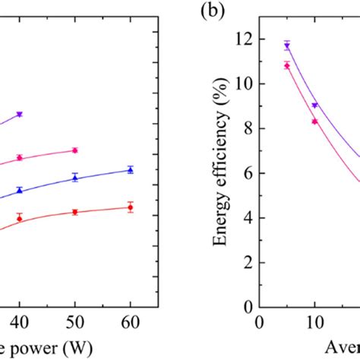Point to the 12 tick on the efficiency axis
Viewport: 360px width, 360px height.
tap(245, 39)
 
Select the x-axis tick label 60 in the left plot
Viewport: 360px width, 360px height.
tap(130, 323)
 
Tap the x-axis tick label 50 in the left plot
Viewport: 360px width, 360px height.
tap(74, 323)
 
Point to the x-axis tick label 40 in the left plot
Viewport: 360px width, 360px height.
tap(20, 323)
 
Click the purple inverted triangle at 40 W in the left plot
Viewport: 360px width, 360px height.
tap(20, 114)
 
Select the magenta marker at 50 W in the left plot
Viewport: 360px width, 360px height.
tap(74, 150)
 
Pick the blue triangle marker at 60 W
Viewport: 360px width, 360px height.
tap(130, 169)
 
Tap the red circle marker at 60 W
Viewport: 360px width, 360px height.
tap(130, 207)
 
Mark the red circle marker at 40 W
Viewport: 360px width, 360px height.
tap(20, 218)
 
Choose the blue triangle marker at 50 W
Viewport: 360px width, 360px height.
tap(74, 177)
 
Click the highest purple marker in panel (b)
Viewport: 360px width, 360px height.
tap(287, 46)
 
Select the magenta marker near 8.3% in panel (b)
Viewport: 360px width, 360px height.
tap(314, 122)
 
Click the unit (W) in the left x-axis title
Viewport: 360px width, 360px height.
tap(73, 348)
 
